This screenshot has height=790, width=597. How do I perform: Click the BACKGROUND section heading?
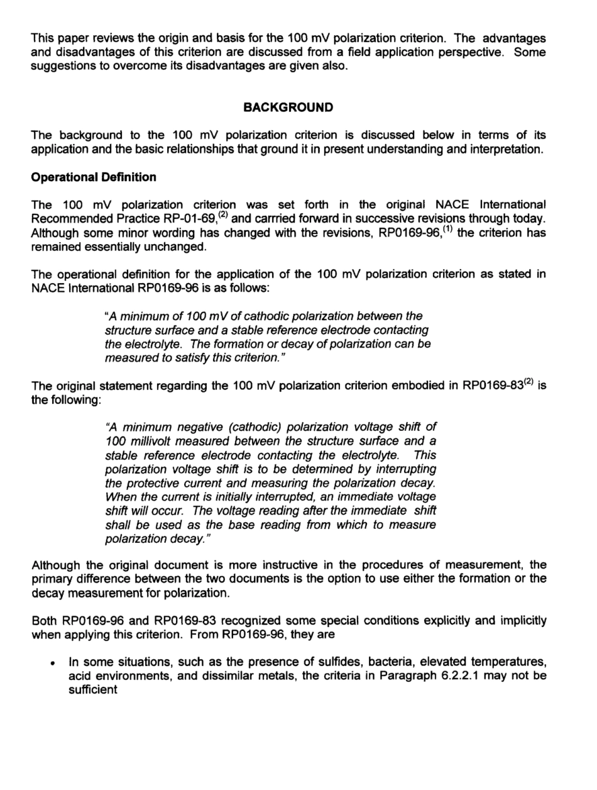point(288,108)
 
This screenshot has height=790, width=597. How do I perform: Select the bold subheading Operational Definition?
point(94,177)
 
